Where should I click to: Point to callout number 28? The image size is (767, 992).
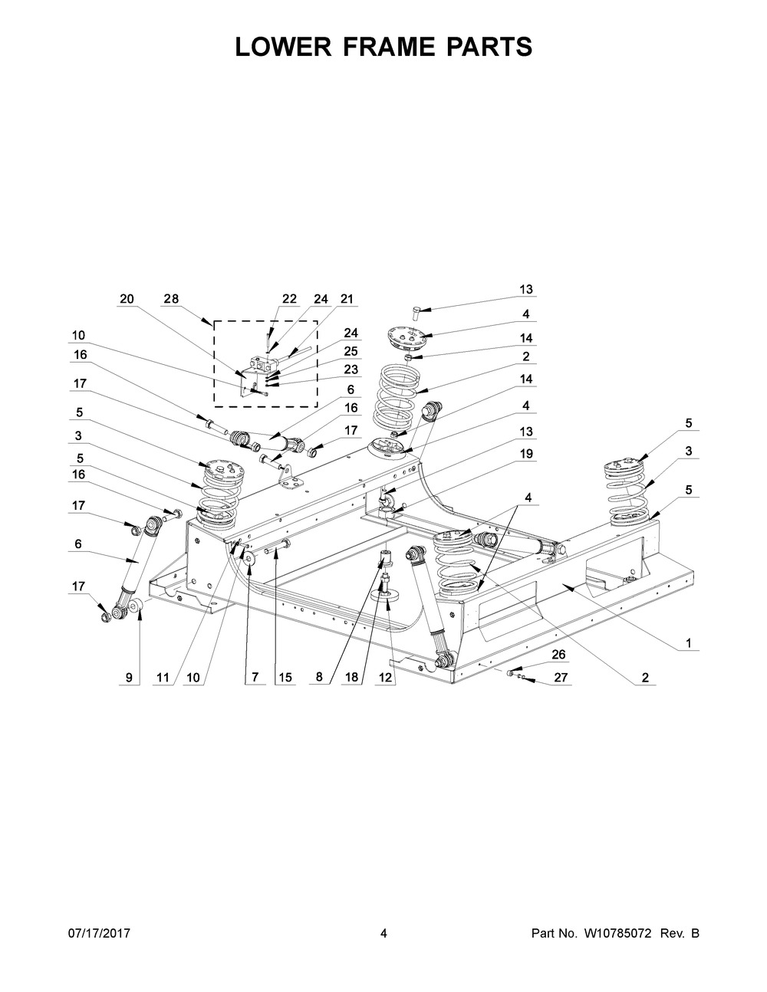click(x=171, y=299)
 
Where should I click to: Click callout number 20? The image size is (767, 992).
click(x=127, y=299)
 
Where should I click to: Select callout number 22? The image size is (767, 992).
click(x=289, y=299)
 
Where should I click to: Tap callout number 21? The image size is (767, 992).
click(x=347, y=299)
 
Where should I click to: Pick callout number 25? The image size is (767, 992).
click(x=351, y=352)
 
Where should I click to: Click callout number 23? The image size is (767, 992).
click(x=351, y=370)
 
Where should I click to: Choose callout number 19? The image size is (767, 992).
click(x=526, y=454)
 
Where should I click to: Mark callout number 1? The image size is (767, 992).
click(x=689, y=644)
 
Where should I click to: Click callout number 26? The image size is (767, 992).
click(x=559, y=655)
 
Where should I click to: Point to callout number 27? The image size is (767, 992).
click(x=561, y=678)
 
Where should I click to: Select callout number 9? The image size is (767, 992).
click(x=129, y=678)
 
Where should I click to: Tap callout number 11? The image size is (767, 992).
click(x=163, y=678)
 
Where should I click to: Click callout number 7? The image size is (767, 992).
click(x=255, y=677)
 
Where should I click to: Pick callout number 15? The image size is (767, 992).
click(x=285, y=678)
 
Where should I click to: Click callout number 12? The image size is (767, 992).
click(x=385, y=678)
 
